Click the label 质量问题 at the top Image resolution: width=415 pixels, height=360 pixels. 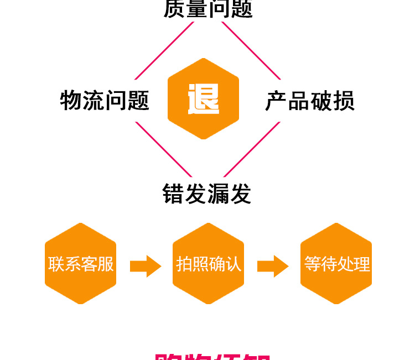click(x=208, y=9)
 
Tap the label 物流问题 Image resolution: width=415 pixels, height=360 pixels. click(x=105, y=101)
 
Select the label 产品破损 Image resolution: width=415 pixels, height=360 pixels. click(x=310, y=101)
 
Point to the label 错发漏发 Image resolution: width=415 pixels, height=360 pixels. click(x=207, y=194)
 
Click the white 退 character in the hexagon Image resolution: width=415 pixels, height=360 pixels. click(x=203, y=98)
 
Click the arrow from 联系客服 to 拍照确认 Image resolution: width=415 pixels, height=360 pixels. click(x=145, y=265)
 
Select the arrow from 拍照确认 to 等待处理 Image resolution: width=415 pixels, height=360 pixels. click(x=273, y=265)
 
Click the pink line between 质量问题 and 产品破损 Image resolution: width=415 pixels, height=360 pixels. click(x=252, y=50)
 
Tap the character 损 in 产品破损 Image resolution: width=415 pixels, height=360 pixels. click(x=344, y=101)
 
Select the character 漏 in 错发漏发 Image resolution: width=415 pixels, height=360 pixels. click(x=218, y=194)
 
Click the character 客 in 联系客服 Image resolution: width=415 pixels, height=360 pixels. click(x=89, y=264)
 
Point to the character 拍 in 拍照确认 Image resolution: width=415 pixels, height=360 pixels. click(x=184, y=264)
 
